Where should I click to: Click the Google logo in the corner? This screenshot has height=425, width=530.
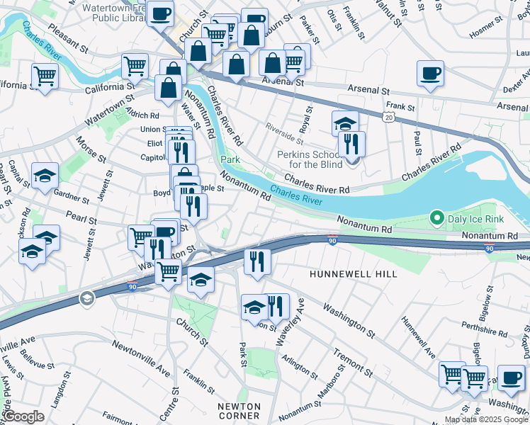(x=23, y=416)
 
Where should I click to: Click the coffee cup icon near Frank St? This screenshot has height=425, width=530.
(x=430, y=73)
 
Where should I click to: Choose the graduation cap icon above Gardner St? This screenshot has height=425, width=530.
(x=45, y=176)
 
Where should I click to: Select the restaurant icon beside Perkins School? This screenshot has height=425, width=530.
(x=351, y=143)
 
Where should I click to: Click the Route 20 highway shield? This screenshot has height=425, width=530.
(x=388, y=115)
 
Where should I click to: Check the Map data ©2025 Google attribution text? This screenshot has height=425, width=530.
(x=486, y=419)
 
